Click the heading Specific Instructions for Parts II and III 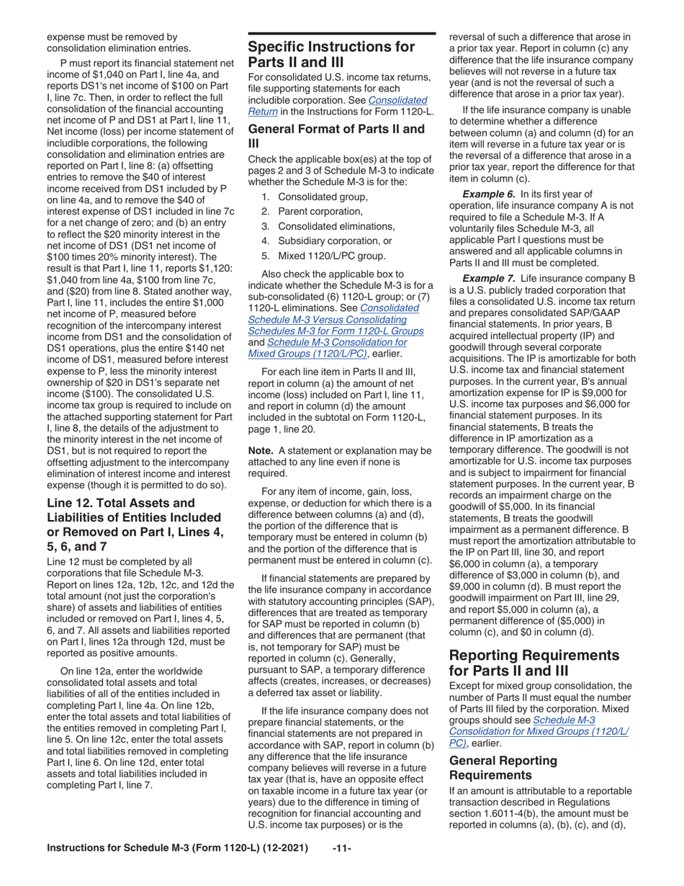pos(331,55)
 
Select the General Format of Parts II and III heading pos(336,136)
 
